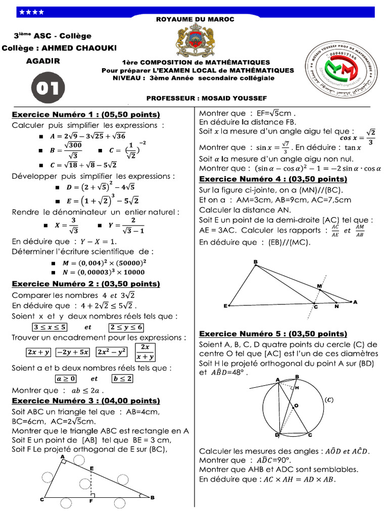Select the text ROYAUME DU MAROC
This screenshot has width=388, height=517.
[x=195, y=19]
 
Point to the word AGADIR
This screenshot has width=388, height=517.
[x=43, y=61]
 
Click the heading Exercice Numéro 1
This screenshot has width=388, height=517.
[x=86, y=115]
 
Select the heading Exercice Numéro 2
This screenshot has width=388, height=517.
[x=86, y=284]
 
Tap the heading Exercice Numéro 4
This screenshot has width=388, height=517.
[x=273, y=179]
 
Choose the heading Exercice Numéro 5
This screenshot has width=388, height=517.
[x=273, y=334]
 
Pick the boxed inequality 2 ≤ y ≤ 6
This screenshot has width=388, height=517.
[x=126, y=327]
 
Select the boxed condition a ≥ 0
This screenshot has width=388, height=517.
[x=65, y=378]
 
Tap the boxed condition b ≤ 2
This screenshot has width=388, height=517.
[x=123, y=378]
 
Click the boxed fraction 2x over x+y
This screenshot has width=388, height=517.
[x=145, y=351]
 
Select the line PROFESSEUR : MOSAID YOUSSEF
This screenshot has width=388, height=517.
[x=206, y=97]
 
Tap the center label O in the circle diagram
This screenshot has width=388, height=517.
[x=297, y=405]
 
